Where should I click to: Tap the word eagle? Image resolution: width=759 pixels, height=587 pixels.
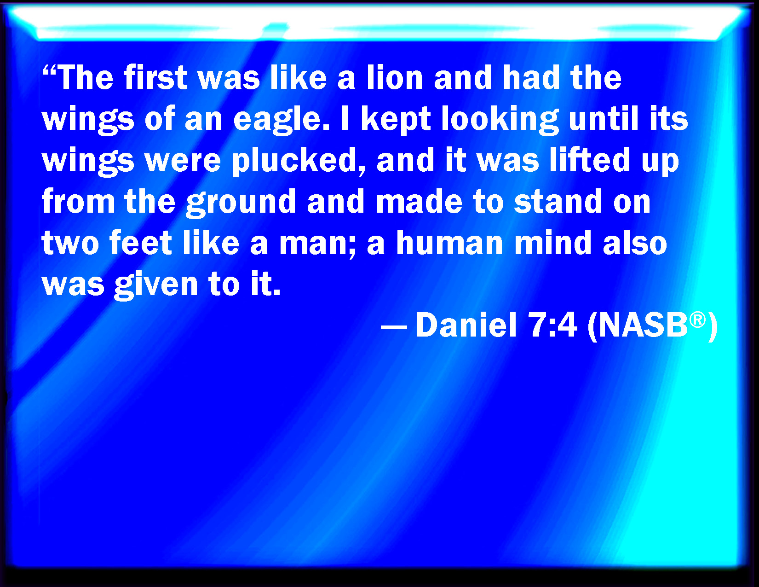coord(281,119)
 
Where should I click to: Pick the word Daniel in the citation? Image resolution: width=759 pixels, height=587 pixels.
coord(466,325)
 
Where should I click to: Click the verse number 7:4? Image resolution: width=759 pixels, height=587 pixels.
coord(553,325)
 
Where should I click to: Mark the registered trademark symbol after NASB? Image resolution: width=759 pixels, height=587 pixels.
coord(697,320)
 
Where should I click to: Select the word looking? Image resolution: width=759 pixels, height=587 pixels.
coord(500,119)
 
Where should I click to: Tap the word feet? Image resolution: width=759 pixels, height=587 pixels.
coord(140,243)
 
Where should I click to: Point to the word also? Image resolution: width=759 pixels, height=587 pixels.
coord(635,243)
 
